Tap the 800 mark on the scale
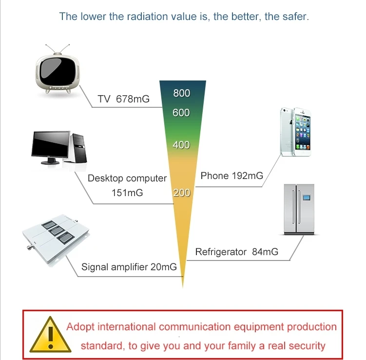(x=182, y=93)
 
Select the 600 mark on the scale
(x=181, y=113)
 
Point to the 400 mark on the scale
(x=181, y=145)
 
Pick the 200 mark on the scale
(x=181, y=193)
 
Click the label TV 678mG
(x=123, y=100)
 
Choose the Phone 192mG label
(x=231, y=176)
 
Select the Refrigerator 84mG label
(x=236, y=252)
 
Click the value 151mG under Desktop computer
(x=127, y=193)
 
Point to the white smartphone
(x=295, y=132)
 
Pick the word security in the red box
(x=305, y=346)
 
